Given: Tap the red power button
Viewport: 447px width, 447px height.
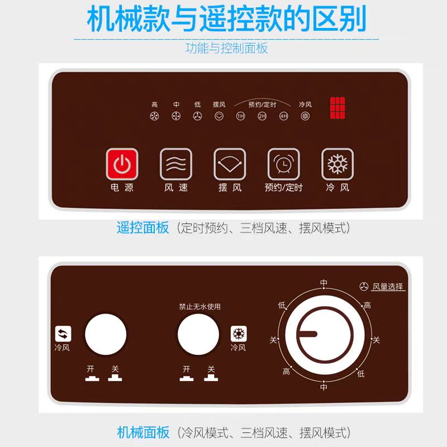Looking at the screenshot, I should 122,164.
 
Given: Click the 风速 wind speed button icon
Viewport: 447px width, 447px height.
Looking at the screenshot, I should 175,164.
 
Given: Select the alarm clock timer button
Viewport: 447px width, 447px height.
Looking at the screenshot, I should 283,164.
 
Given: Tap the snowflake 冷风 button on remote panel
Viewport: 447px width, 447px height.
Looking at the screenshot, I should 337,164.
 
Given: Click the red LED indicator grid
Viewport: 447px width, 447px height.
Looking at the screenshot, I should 337,108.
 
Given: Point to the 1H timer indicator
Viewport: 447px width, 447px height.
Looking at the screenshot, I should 240,116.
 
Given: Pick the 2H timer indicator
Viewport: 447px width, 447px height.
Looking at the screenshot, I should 262,116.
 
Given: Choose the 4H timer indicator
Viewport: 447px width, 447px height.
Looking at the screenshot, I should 284,116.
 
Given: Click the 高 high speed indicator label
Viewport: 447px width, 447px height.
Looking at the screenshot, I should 155,104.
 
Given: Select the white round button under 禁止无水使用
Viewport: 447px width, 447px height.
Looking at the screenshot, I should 198,334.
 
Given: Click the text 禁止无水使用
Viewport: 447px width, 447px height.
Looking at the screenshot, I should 199,307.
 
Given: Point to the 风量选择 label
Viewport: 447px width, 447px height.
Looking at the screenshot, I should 388,287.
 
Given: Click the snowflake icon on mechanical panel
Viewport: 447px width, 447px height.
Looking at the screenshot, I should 239,334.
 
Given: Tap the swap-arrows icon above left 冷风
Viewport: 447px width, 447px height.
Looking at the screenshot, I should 63,334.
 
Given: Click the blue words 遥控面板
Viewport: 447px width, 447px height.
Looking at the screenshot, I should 142,228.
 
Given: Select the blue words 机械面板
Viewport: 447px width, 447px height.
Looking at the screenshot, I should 143,432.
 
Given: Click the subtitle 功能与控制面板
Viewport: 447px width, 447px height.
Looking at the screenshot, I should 226,48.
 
